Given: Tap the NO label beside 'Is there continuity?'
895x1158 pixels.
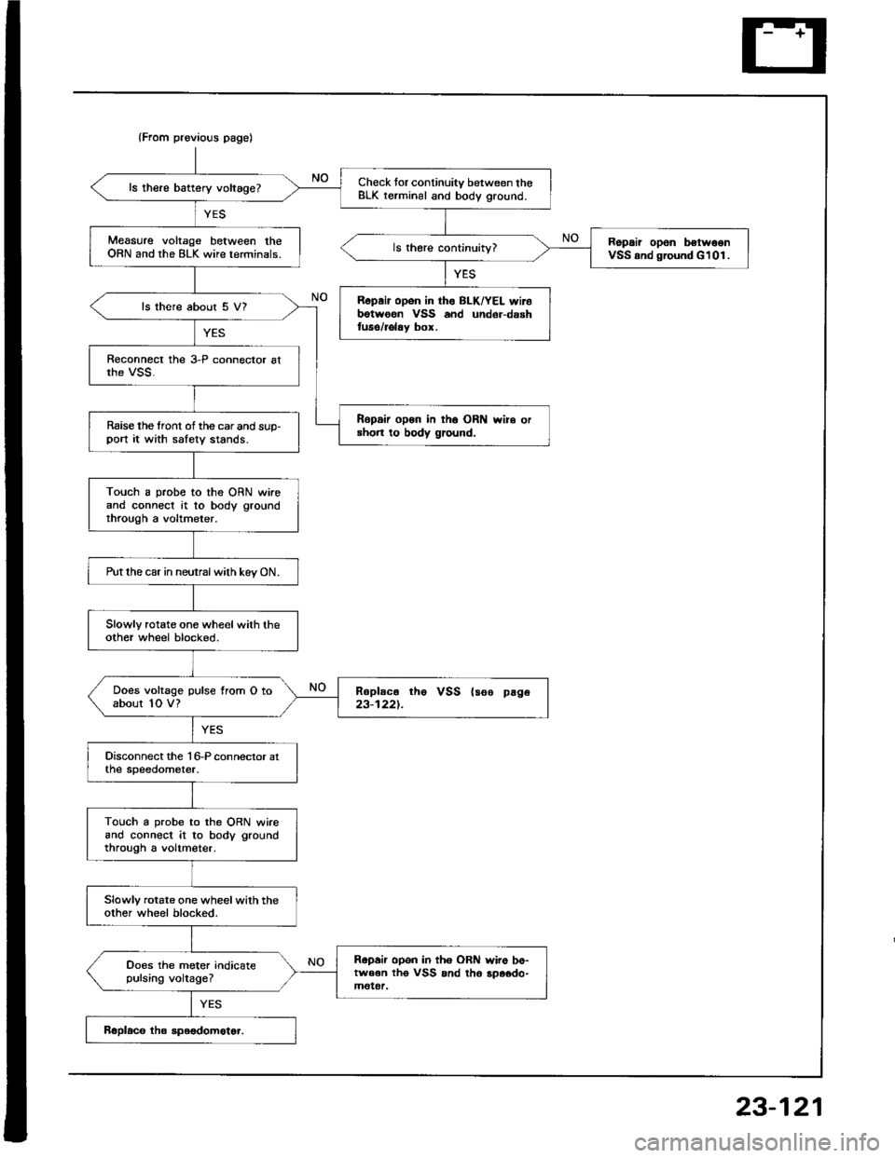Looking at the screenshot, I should tap(563, 238).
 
